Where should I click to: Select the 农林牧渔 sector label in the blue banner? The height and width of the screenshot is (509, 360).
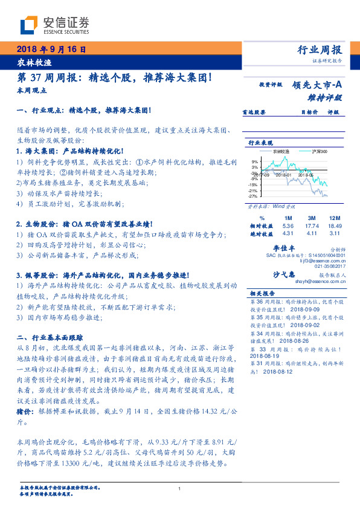click(x=30, y=63)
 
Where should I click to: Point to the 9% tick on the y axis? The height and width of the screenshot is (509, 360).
click(x=254, y=162)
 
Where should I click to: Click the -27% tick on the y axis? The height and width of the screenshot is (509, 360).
click(x=252, y=196)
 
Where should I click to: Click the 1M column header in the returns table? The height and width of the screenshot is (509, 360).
click(x=288, y=217)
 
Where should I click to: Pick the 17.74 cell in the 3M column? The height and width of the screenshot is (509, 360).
click(x=312, y=225)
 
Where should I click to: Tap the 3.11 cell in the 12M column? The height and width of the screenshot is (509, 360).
click(x=335, y=233)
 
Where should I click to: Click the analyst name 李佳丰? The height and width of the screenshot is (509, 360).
click(x=283, y=249)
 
